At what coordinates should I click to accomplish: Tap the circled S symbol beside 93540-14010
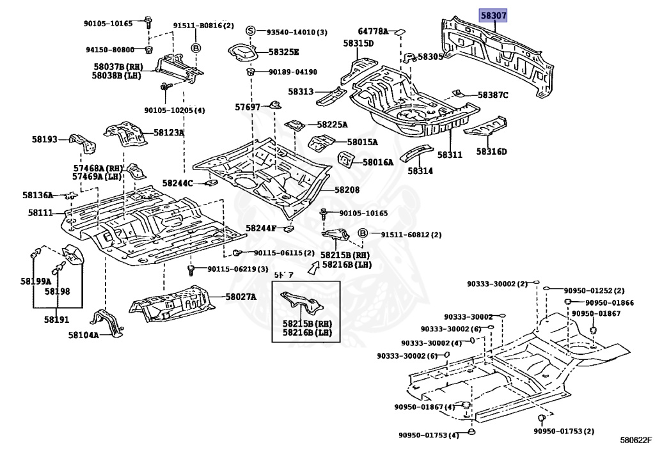pos(251,31)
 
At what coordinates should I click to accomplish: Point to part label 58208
pos(347,190)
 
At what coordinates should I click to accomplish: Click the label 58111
pos(40,212)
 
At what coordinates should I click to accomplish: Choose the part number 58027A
pos(241,297)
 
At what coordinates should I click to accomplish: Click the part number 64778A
pos(373,31)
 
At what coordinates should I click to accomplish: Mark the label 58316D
pos(491,152)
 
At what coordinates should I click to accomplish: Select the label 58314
pos(420,171)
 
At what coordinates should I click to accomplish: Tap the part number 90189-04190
pos(292,72)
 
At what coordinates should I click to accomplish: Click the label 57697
pos(248,107)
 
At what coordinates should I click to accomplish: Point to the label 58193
pos(45,139)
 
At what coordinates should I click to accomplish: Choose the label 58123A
pos(168,133)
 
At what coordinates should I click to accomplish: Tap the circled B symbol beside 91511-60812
pos(363,234)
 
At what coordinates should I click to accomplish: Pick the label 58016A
pos(377,162)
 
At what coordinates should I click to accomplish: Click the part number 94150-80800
pos(111,50)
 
